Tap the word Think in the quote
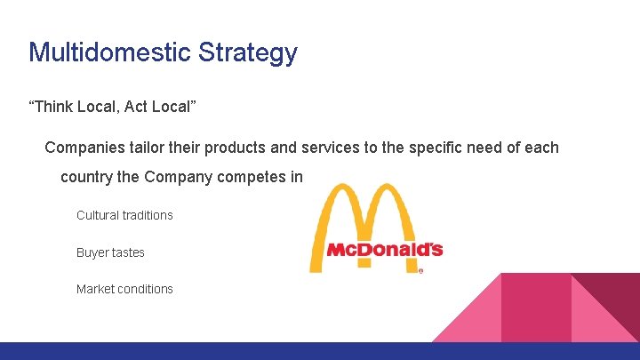(x=53, y=108)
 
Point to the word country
(x=86, y=177)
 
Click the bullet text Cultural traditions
(x=124, y=215)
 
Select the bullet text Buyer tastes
(x=110, y=252)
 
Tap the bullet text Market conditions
(x=124, y=289)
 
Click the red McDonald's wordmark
(x=384, y=250)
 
